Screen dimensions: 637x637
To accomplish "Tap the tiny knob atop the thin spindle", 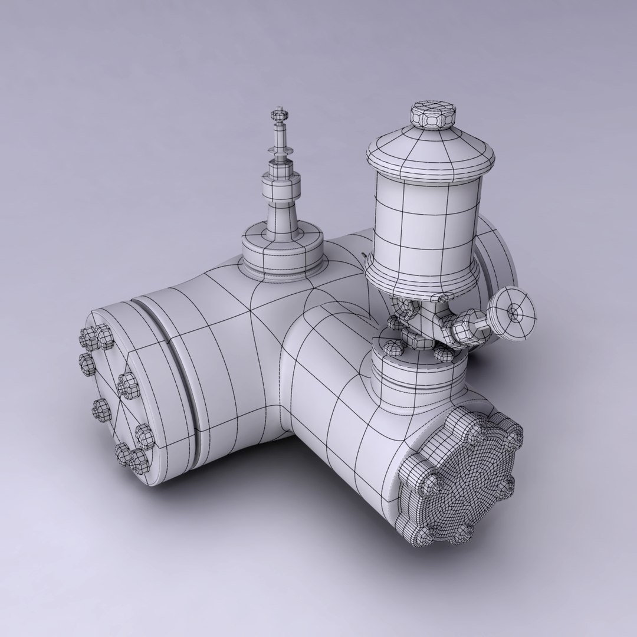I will point(277,111).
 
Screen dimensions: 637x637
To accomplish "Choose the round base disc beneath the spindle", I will point(282,251).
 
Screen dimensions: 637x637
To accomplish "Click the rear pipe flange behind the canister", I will point(498,254).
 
